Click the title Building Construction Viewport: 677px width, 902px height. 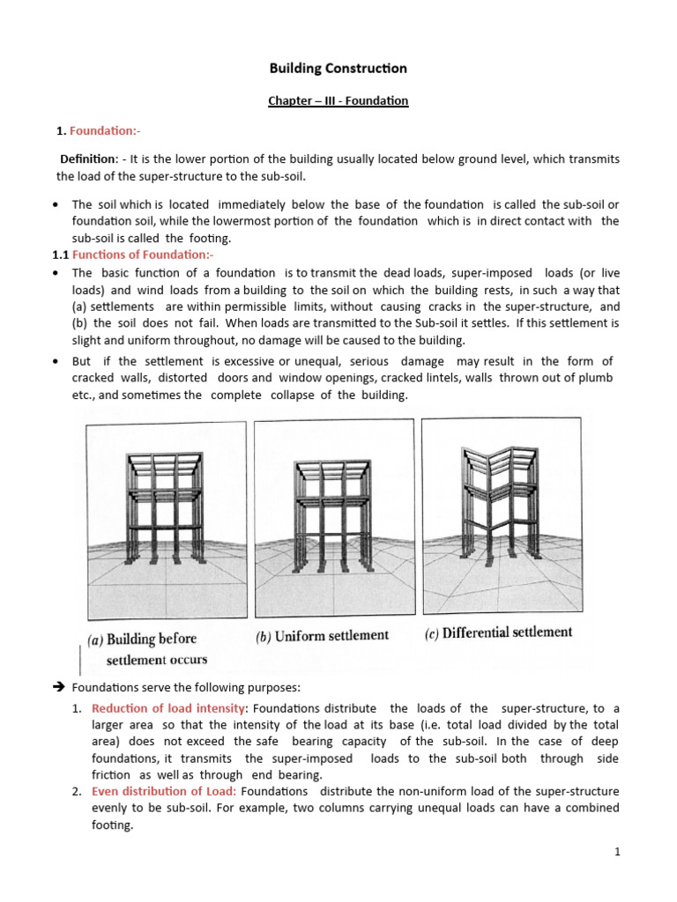coord(338,68)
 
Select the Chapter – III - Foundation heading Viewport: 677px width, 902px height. coord(338,100)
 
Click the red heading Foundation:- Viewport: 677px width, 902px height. coord(105,131)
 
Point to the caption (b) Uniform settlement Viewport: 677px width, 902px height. coord(322,636)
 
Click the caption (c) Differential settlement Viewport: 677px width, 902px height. coord(495,632)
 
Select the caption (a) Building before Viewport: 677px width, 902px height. coord(142,639)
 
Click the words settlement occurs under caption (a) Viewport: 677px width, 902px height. coord(157,660)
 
